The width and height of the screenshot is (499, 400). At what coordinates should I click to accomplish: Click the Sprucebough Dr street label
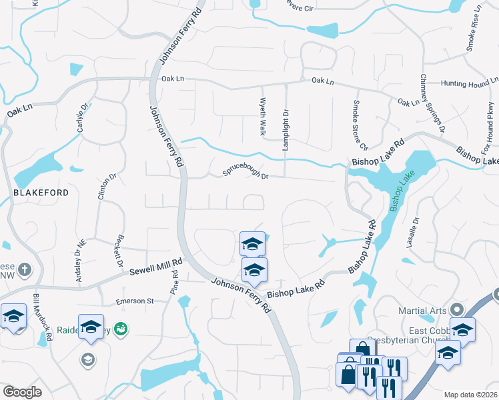pos(245,173)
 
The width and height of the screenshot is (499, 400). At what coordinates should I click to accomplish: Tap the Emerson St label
pos(135,301)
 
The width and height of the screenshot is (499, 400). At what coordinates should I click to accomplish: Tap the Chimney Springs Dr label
pos(432,104)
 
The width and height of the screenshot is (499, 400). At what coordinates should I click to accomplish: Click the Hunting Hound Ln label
pos(470,84)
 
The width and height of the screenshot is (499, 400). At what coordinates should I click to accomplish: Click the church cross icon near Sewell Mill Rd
pos(25,270)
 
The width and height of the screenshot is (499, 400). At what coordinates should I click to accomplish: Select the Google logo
pos(22,392)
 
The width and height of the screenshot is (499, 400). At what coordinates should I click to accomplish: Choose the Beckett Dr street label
pos(118,251)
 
